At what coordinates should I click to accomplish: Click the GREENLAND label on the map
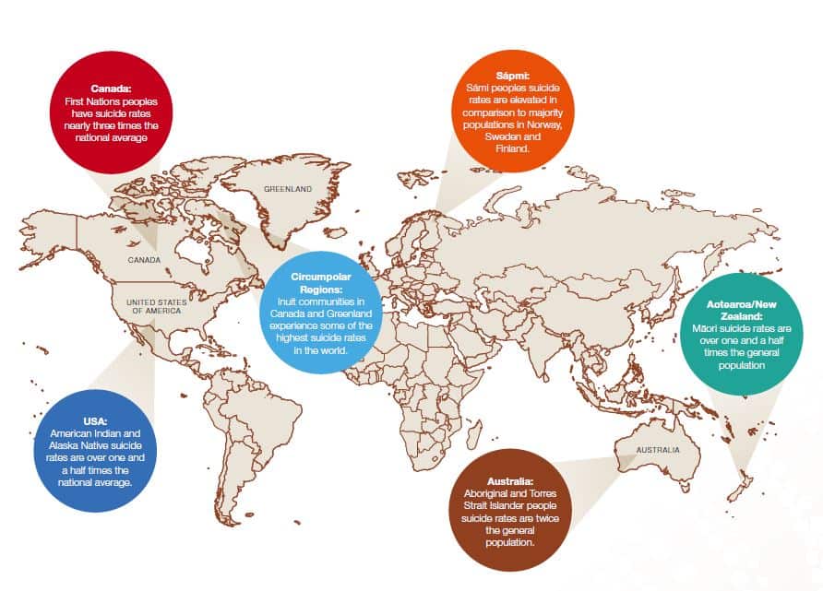[288, 189]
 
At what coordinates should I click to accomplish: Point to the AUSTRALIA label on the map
[657, 450]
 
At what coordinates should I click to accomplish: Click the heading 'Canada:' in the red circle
[111, 89]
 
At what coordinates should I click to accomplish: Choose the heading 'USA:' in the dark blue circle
[93, 421]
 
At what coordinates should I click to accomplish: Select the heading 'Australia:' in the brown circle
[509, 482]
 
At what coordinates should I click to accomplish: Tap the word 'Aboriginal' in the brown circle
[489, 494]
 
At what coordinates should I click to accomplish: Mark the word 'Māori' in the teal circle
[705, 327]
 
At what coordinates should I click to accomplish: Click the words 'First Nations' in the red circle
[89, 100]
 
